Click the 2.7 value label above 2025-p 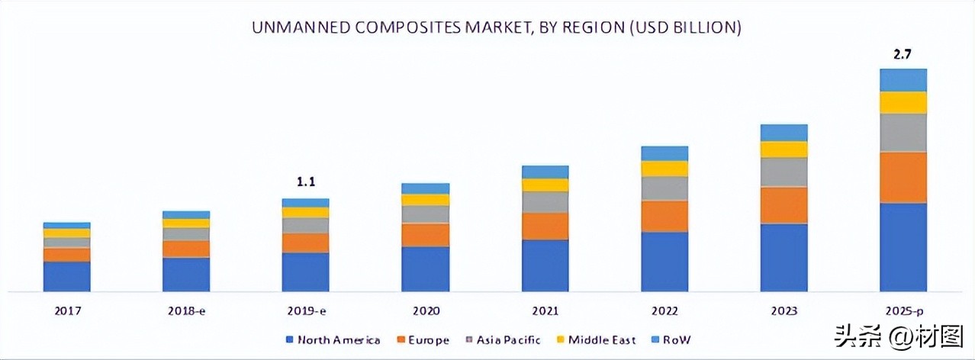point(903,53)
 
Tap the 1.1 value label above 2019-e point(305,182)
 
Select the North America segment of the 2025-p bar point(903,246)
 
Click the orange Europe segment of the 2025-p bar point(903,177)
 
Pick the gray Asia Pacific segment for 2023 point(784,172)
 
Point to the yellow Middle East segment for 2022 point(664,169)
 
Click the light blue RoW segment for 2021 point(545,172)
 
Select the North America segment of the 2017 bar point(66,276)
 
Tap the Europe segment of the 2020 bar point(425,235)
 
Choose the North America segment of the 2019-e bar point(305,272)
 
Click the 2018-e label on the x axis point(185,311)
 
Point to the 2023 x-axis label point(784,311)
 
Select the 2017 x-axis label point(66,311)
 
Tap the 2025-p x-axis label point(903,311)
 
